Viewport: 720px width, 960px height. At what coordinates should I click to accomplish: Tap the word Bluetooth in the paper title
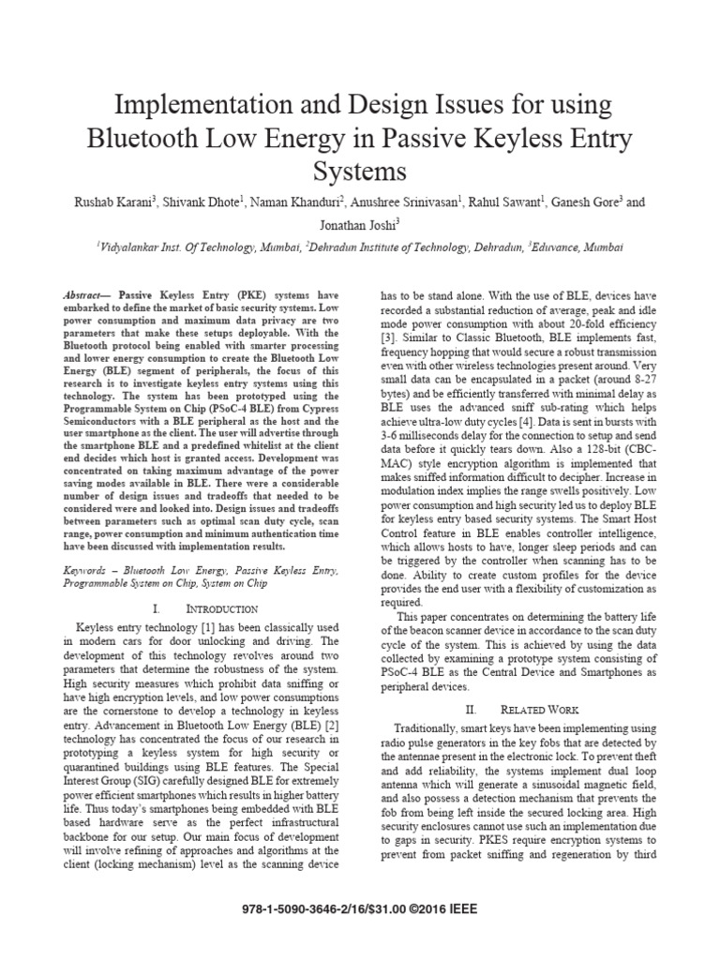point(147,139)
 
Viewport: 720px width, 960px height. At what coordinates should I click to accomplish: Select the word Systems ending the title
point(360,172)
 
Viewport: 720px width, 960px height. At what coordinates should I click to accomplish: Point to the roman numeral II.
point(475,709)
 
